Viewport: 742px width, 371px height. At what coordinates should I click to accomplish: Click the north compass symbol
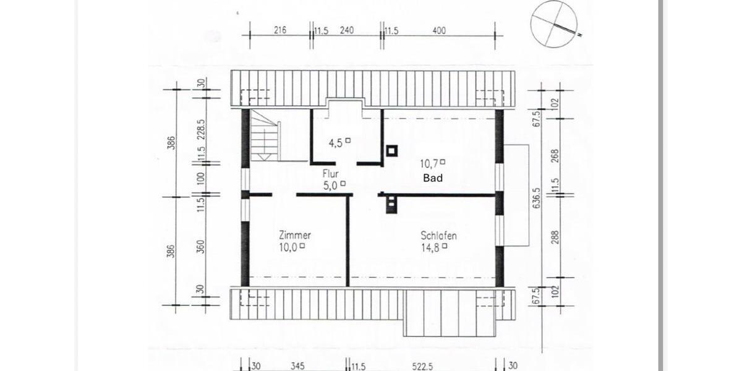(x=550, y=23)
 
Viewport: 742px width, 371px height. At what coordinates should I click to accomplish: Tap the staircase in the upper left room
(x=265, y=140)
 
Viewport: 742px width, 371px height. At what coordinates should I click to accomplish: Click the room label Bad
(x=433, y=177)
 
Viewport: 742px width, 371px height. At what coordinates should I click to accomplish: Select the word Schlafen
(x=438, y=236)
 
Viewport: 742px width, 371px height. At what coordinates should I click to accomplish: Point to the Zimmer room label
(x=294, y=236)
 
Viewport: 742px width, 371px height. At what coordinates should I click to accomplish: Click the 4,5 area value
(x=336, y=143)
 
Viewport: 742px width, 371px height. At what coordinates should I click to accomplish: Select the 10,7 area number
(x=429, y=163)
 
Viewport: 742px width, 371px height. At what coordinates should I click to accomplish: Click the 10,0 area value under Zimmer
(x=288, y=246)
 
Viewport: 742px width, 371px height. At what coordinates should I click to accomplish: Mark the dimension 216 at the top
(x=279, y=30)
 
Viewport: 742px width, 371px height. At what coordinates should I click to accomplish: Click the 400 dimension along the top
(x=439, y=30)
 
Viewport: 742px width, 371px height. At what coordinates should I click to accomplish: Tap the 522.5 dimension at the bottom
(x=421, y=366)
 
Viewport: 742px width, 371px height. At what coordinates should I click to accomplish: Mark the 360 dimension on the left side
(x=200, y=247)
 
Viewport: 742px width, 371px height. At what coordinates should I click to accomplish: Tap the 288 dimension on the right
(x=555, y=237)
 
